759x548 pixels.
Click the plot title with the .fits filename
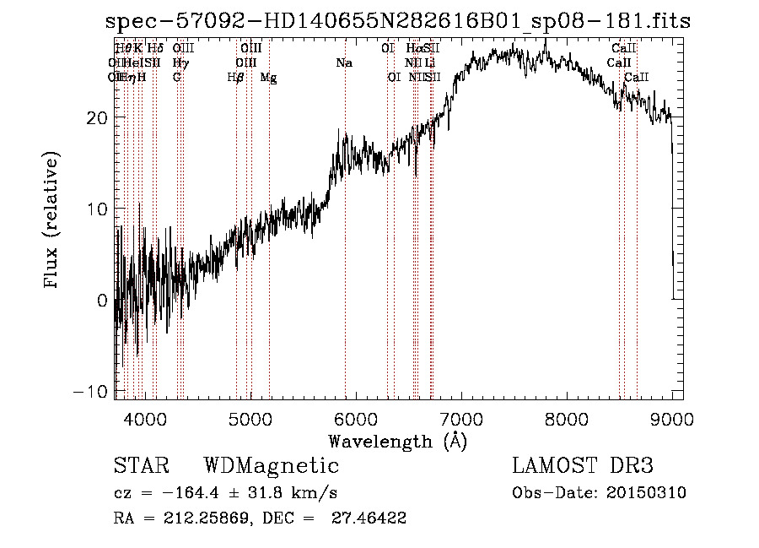click(398, 21)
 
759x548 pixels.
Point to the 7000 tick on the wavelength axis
click(460, 399)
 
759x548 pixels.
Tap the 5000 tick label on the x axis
click(250, 418)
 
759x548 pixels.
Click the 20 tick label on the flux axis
click(97, 117)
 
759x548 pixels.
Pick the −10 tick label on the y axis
click(92, 393)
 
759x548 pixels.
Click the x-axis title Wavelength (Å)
click(397, 441)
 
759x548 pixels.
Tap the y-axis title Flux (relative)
click(53, 221)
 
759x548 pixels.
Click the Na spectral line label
click(344, 63)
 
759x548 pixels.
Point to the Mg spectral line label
click(268, 78)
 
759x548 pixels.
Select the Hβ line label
click(236, 78)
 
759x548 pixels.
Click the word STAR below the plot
click(141, 466)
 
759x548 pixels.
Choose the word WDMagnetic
click(272, 466)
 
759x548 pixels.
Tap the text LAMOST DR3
click(583, 466)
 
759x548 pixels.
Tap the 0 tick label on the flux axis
click(103, 301)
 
